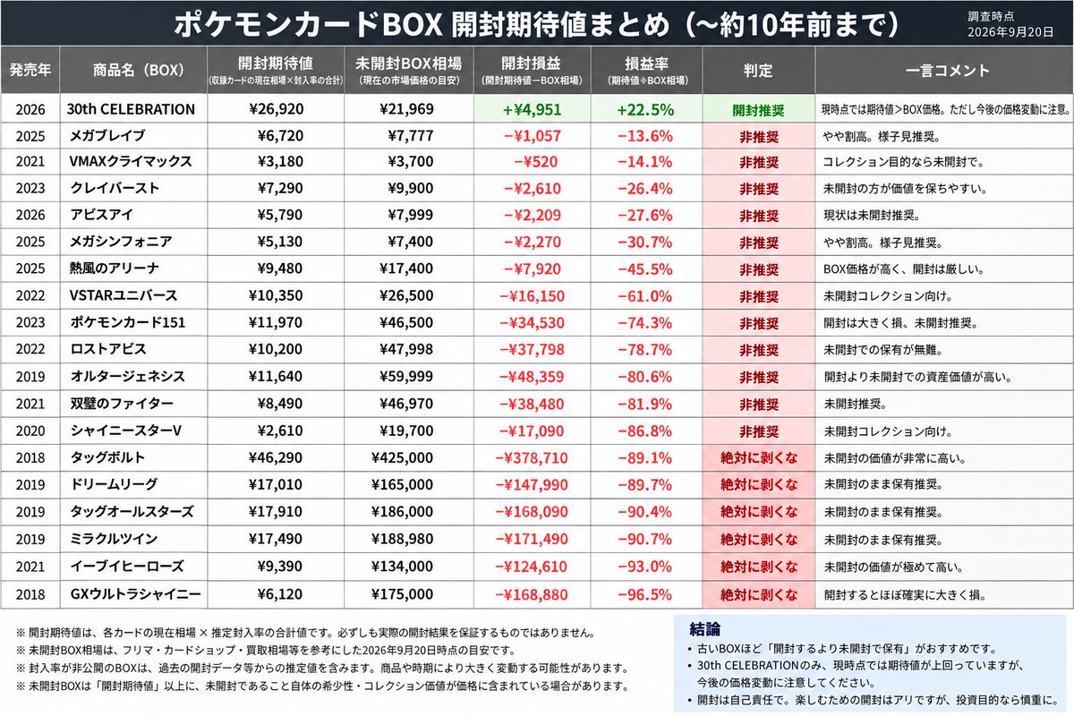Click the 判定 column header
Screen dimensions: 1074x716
tap(758, 71)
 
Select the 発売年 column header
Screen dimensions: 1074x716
tap(30, 70)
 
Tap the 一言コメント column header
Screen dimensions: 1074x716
tap(948, 71)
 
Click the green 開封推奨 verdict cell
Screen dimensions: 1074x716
tap(758, 110)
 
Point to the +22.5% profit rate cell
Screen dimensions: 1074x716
tap(645, 110)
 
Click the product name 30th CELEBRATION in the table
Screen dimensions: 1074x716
tap(131, 109)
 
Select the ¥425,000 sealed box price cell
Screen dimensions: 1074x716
tap(402, 457)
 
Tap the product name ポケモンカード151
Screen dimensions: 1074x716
tap(127, 322)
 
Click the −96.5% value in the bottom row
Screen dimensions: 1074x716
tap(645, 594)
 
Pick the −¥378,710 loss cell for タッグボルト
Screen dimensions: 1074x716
tap(532, 458)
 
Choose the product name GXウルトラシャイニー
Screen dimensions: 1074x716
tap(136, 594)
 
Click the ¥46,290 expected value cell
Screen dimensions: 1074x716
tap(276, 457)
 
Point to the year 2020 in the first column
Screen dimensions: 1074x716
tap(30, 430)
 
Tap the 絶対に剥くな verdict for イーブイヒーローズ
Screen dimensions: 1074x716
tap(759, 567)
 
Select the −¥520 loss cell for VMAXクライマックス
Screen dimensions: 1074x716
tap(536, 162)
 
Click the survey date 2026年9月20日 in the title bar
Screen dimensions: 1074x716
tap(1010, 32)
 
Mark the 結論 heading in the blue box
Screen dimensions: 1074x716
tap(705, 628)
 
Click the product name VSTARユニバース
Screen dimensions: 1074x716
tap(124, 295)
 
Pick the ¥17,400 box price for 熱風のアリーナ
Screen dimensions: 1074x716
tap(406, 268)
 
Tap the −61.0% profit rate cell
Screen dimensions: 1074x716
tap(645, 296)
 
